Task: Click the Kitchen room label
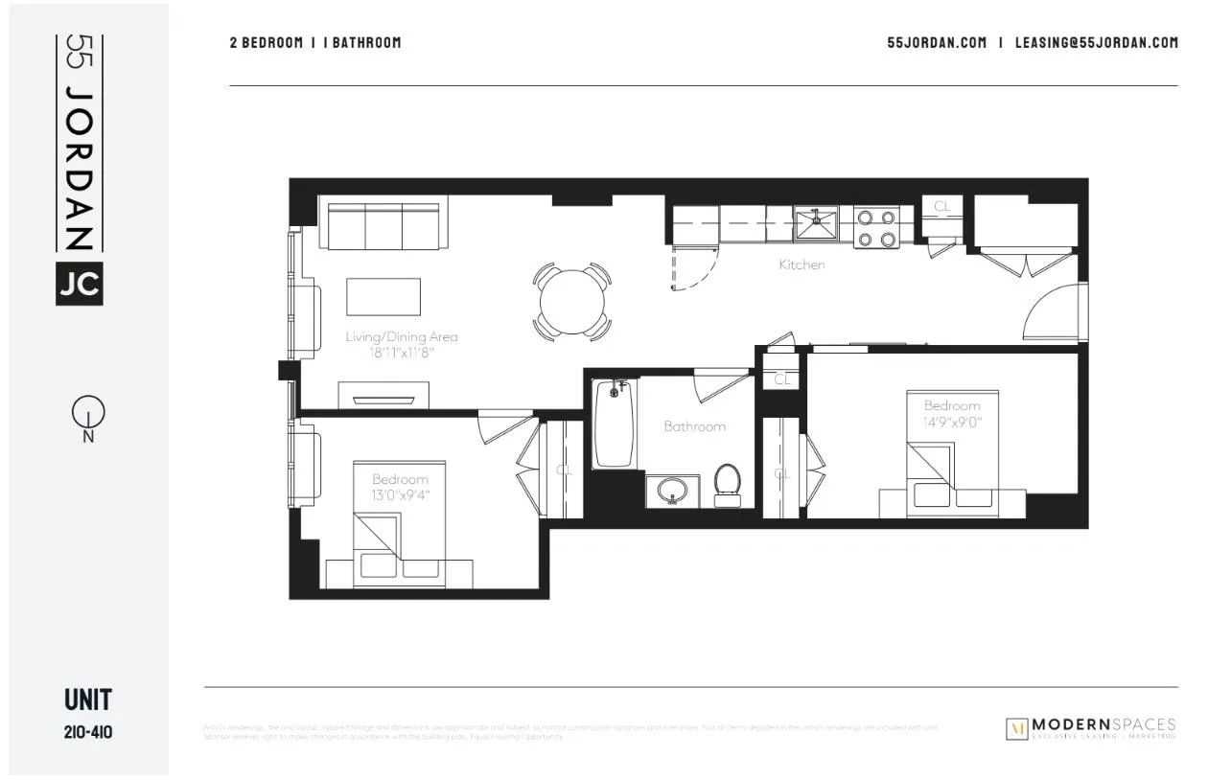(x=801, y=264)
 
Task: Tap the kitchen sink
(x=816, y=224)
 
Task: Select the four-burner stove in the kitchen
(x=876, y=228)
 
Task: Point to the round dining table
(x=572, y=302)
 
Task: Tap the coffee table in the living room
(x=383, y=296)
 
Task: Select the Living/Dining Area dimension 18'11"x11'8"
(x=402, y=352)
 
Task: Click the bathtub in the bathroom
(x=615, y=424)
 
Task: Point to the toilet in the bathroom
(x=729, y=483)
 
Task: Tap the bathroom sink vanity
(x=671, y=491)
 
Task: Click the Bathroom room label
(x=695, y=426)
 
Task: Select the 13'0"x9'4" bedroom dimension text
(x=401, y=495)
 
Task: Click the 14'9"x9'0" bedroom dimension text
(x=952, y=422)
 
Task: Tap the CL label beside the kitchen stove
(x=942, y=206)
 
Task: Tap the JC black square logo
(x=79, y=283)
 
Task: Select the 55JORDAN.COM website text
(x=937, y=42)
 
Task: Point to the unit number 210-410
(x=89, y=733)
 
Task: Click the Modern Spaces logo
(x=1091, y=728)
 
